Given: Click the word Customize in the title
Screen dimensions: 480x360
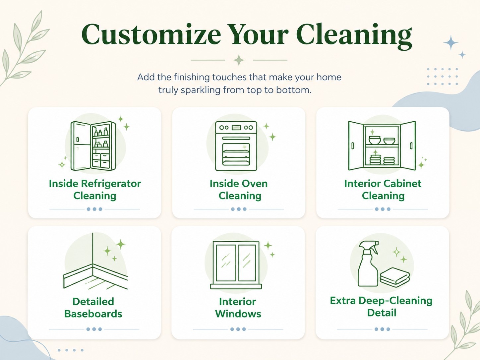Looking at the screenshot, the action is pyautogui.click(x=151, y=34).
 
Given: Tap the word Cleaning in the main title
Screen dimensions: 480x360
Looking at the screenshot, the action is pyautogui.click(x=354, y=36).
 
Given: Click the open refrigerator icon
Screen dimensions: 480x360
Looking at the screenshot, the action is pyautogui.click(x=93, y=146).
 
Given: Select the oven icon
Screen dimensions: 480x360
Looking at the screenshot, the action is pyautogui.click(x=236, y=146).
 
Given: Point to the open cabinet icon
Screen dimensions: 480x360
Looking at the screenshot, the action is pyautogui.click(x=382, y=146).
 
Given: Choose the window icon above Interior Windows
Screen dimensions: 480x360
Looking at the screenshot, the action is pyautogui.click(x=236, y=265).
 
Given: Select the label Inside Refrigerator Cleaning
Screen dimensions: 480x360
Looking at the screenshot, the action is pyautogui.click(x=95, y=190).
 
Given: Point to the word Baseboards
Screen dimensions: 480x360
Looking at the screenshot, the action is pyautogui.click(x=93, y=314).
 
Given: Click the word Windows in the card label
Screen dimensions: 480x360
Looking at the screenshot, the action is pyautogui.click(x=238, y=314).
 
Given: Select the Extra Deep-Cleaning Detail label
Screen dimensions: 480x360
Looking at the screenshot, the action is pyautogui.click(x=381, y=307).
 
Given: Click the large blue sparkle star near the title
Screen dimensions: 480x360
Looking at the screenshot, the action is pyautogui.click(x=451, y=43).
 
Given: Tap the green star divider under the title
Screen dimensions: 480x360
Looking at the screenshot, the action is pyautogui.click(x=239, y=60).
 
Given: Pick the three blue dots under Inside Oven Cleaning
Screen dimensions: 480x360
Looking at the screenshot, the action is pyautogui.click(x=239, y=209).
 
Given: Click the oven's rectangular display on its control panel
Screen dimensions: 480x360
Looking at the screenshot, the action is pyautogui.click(x=236, y=127).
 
